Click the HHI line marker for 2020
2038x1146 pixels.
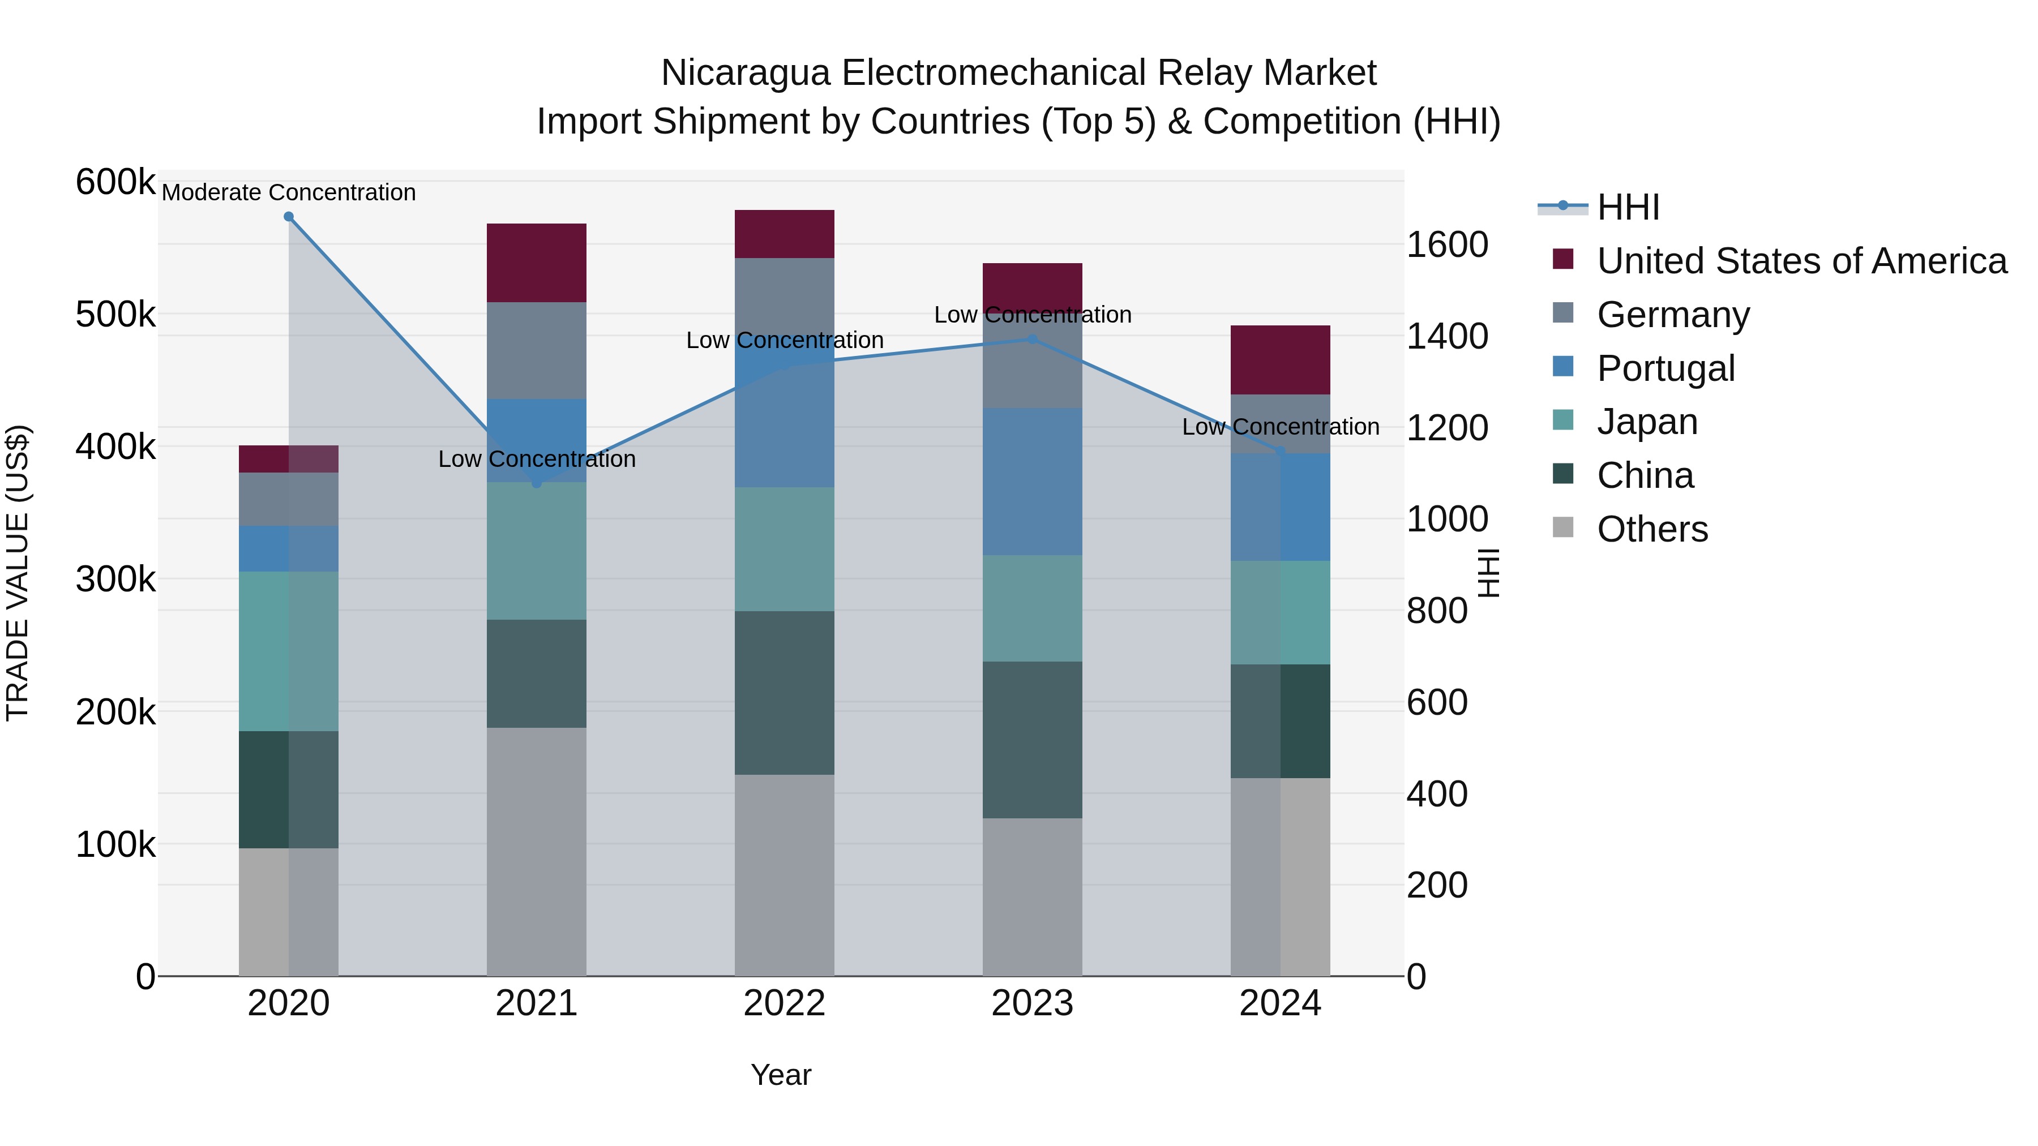(x=289, y=217)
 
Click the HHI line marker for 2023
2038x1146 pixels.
(x=1033, y=340)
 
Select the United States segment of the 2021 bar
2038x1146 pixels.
(x=537, y=263)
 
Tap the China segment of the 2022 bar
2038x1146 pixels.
(x=784, y=693)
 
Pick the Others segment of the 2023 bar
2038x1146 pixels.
(x=1033, y=897)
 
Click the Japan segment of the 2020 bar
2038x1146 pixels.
(x=289, y=651)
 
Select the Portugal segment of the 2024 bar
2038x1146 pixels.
(x=1280, y=507)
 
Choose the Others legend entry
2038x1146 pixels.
(x=1652, y=529)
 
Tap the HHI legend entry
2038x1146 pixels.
(x=1628, y=207)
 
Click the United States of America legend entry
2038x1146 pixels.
(x=1801, y=261)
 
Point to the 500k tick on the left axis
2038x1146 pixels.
(x=115, y=315)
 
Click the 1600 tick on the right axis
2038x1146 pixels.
(x=1447, y=244)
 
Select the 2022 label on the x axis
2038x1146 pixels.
(x=784, y=1003)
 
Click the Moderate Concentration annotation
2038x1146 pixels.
(x=289, y=192)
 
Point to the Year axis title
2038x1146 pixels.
(x=781, y=1075)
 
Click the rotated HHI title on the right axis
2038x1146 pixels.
(x=1489, y=573)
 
